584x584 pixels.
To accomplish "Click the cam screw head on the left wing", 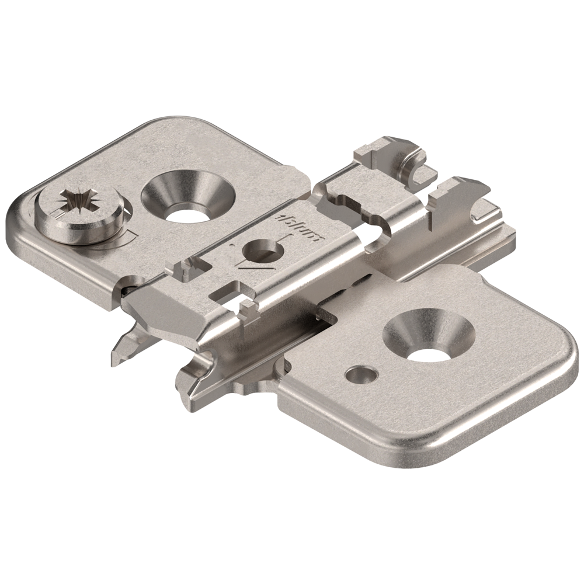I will pos(79,214).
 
